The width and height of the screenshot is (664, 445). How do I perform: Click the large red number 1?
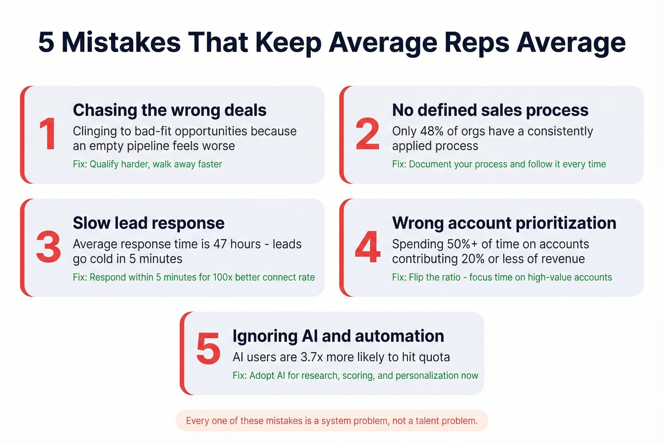tap(48, 134)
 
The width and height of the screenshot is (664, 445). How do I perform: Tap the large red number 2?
tap(368, 134)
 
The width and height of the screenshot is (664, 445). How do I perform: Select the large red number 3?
tap(48, 247)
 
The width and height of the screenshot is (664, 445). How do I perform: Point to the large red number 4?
tap(368, 247)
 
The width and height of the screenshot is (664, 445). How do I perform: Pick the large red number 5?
tap(208, 349)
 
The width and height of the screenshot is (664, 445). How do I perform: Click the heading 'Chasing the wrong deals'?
tap(169, 110)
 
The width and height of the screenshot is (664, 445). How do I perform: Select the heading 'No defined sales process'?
tap(490, 110)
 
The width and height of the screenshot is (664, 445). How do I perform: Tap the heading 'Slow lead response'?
tap(148, 223)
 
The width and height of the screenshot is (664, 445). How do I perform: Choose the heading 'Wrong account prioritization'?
tap(504, 223)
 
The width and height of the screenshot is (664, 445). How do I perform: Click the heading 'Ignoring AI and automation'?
tap(338, 336)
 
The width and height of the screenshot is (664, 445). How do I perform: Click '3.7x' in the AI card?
tap(312, 357)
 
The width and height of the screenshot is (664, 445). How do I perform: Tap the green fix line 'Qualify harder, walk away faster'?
tap(156, 164)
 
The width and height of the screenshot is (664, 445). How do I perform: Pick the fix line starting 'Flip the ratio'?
tap(502, 277)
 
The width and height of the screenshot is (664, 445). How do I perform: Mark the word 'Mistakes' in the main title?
tap(121, 42)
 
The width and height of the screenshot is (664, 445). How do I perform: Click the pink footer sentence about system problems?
tap(332, 421)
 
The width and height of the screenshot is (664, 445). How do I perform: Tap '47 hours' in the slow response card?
tap(237, 245)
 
